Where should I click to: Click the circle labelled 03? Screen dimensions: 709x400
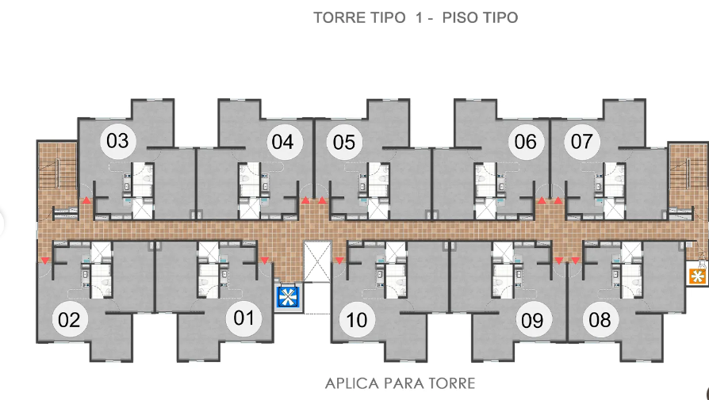(117, 141)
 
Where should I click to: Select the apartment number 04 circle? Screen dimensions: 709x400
(282, 143)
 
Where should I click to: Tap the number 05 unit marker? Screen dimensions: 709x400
(344, 143)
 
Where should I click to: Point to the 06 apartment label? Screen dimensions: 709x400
(526, 143)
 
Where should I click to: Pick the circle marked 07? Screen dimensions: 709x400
(582, 142)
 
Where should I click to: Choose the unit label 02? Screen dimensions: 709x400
(69, 320)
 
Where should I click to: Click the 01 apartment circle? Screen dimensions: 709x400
(243, 318)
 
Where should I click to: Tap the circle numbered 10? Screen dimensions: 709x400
(357, 320)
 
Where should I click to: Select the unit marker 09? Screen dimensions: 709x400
(532, 320)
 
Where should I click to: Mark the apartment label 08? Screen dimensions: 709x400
(600, 320)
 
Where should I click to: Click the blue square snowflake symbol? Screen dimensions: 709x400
(287, 297)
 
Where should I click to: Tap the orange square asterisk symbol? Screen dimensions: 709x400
(697, 276)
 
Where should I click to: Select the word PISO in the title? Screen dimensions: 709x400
(460, 17)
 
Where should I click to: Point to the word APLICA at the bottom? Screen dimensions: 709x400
(352, 383)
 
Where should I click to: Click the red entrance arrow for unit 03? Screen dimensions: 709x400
(86, 200)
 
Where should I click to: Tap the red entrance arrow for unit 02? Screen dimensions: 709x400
(44, 261)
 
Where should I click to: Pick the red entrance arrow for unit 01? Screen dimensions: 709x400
(265, 261)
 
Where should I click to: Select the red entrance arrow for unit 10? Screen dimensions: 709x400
(339, 261)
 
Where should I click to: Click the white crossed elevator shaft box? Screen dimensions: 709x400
(317, 262)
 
